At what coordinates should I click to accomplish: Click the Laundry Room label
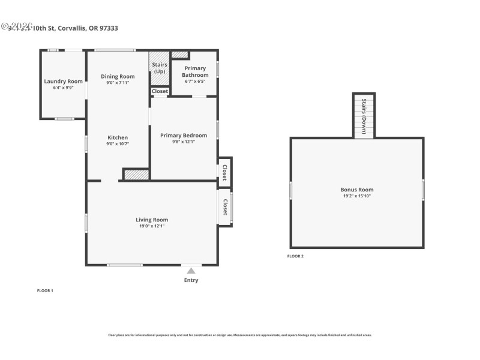coord(63,81)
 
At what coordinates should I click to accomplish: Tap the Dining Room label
coord(118,76)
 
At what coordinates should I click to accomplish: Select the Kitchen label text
coord(118,137)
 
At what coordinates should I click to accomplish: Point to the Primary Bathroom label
coord(195,71)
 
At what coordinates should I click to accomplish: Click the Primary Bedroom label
coord(184,136)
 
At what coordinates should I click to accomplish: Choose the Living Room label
coord(152,220)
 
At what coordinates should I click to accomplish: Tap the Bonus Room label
coord(357,190)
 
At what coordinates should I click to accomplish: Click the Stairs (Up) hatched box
coord(160,68)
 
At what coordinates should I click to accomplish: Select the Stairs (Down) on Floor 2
coord(364,116)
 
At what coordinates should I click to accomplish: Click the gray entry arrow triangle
coord(191,271)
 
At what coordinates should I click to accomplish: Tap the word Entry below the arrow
coord(191,280)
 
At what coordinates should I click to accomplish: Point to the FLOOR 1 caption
coord(45,290)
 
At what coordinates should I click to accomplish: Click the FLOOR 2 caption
coord(295,256)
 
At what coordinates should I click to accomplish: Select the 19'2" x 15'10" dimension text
coord(357,196)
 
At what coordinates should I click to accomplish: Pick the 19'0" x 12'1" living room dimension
coord(152,226)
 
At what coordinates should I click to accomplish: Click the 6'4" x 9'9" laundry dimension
coord(63,88)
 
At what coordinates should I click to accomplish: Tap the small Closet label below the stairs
coord(160,91)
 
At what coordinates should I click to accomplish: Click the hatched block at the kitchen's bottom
coord(136,175)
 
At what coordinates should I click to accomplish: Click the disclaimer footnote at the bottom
coord(239,335)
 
